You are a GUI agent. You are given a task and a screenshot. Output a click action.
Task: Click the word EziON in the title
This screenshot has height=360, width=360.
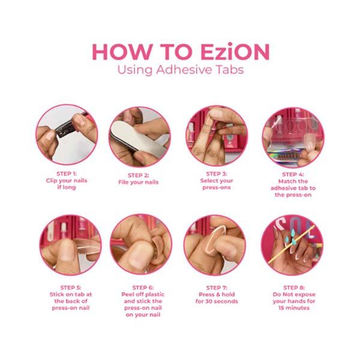click(x=235, y=52)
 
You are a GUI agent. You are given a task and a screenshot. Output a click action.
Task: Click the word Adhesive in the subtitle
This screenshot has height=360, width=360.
click(x=184, y=70)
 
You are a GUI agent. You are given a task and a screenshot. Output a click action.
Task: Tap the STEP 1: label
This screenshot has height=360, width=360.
click(x=67, y=173)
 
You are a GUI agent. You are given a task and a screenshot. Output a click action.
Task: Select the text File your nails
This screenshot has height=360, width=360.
click(x=139, y=182)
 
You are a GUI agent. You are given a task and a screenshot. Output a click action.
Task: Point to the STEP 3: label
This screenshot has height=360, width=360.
click(x=217, y=174)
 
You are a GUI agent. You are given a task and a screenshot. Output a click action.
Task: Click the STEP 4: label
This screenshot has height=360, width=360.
click(x=293, y=175)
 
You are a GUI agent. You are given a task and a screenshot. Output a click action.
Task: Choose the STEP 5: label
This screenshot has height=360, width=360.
click(x=71, y=287)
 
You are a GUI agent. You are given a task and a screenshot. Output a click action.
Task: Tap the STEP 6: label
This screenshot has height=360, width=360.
click(x=143, y=287)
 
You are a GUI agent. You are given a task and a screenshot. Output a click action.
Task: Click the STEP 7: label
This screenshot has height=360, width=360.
click(x=217, y=287)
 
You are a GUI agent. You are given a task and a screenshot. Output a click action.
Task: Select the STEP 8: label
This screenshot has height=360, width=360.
click(x=294, y=287)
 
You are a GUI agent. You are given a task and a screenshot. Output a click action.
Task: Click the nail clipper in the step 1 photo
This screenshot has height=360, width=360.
click(x=69, y=127)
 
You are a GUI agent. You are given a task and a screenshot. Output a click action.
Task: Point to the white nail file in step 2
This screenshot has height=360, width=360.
click(x=138, y=139)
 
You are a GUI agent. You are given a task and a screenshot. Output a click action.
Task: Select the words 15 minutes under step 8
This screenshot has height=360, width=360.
click(x=294, y=308)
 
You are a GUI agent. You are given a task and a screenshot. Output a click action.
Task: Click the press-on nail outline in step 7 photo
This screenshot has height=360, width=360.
click(x=215, y=239)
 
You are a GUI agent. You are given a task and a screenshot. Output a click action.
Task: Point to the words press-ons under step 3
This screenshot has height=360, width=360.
click(x=217, y=187)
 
